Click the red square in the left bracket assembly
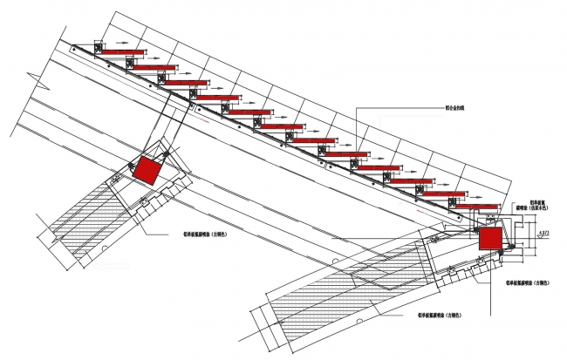tap(146, 169)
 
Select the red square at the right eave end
tap(489, 238)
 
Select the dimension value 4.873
tap(543, 231)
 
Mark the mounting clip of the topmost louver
tap(99, 49)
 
